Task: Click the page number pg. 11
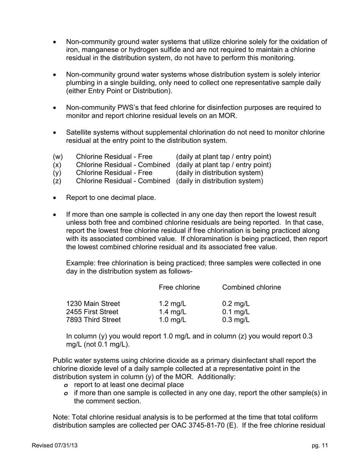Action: point(320,446)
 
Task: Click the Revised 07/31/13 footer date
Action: point(55,446)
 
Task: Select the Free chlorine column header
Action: point(179,288)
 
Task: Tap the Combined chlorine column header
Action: point(251,288)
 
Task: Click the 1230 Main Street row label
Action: point(93,304)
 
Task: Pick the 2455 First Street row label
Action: point(92,312)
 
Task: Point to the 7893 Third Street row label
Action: point(93,320)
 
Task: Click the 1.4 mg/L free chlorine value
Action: point(172,312)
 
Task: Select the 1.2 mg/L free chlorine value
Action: point(172,304)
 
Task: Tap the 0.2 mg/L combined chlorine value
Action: point(236,304)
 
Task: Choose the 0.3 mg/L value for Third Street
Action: point(236,320)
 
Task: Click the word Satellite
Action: point(79,133)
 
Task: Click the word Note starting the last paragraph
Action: point(61,417)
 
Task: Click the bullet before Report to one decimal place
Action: point(55,198)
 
